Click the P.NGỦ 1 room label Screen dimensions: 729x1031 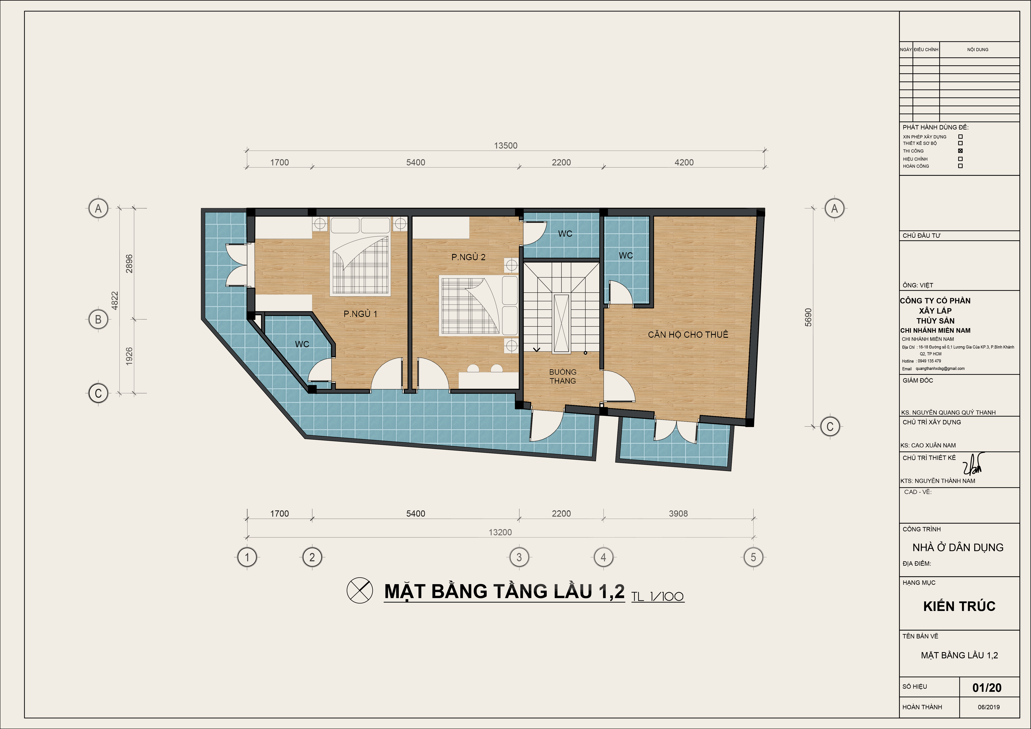(x=360, y=314)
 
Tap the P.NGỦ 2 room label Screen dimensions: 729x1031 (x=468, y=257)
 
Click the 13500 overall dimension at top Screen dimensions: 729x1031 (x=506, y=145)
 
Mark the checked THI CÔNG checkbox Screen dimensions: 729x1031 (x=961, y=151)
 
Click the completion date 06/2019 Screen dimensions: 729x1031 (x=989, y=707)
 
